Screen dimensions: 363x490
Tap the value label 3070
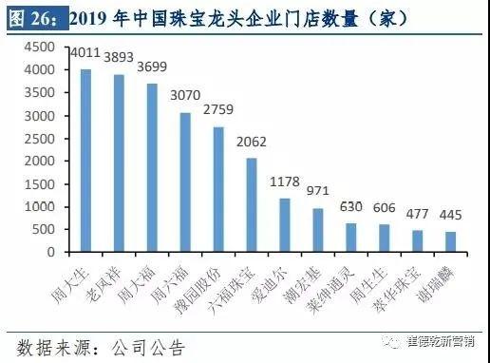[186, 103]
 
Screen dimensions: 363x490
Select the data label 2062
[252, 148]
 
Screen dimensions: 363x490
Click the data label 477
[417, 215]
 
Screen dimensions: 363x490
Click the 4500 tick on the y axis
[38, 47]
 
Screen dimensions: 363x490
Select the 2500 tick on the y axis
[38, 138]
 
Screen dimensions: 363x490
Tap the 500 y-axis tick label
[43, 230]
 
